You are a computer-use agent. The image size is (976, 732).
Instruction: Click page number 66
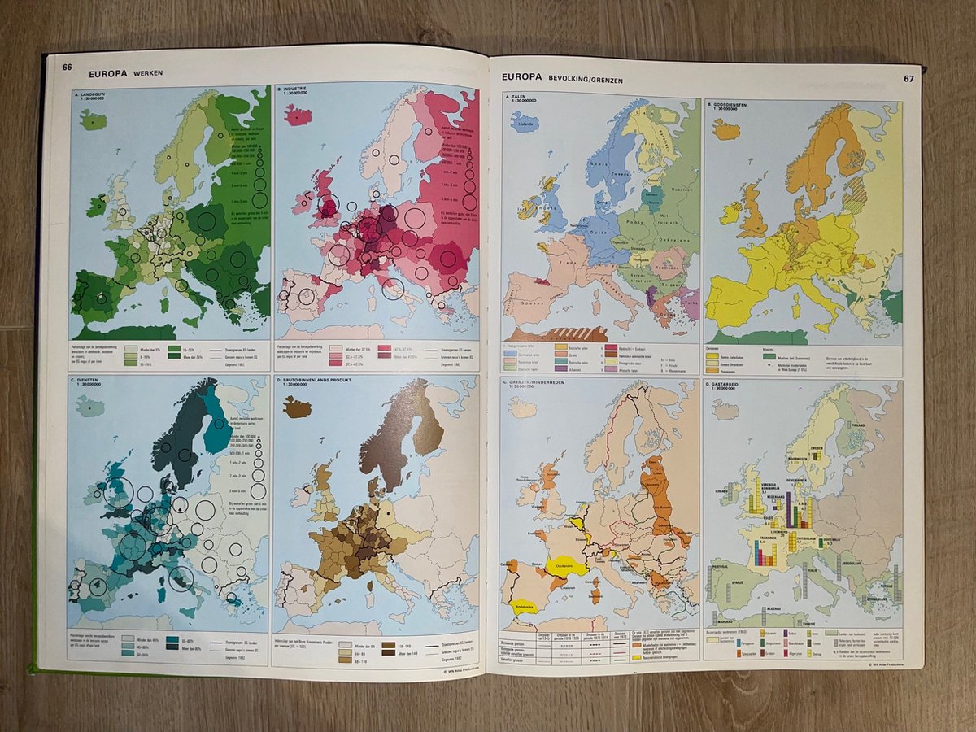pos(68,67)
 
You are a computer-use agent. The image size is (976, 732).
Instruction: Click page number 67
pos(908,79)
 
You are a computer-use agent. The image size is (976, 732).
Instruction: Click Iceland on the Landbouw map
pos(93,120)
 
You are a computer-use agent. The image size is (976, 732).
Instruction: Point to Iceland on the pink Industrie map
pos(298,115)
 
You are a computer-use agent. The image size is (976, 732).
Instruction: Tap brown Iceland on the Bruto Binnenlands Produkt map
pos(297,406)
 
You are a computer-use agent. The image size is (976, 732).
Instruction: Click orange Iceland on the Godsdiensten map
pos(726,129)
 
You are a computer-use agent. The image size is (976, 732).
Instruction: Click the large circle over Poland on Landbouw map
pos(207,220)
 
